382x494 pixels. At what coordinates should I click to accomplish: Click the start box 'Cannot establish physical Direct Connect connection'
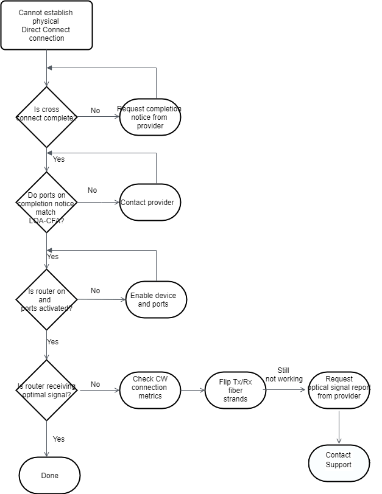[46, 26]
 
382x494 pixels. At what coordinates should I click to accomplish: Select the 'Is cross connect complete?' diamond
[46, 117]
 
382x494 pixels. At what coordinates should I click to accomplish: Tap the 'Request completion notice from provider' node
[150, 117]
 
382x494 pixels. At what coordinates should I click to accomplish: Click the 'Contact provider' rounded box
[150, 203]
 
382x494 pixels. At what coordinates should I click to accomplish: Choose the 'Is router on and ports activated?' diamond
[46, 300]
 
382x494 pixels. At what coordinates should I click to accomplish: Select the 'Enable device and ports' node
[156, 299]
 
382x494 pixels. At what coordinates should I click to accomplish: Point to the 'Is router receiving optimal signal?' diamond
[46, 390]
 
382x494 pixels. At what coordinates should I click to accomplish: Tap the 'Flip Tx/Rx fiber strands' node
[235, 390]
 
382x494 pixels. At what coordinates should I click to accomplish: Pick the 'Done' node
[49, 475]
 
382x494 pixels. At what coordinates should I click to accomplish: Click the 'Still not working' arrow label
[284, 374]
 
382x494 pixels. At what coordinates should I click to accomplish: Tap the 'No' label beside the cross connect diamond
[95, 111]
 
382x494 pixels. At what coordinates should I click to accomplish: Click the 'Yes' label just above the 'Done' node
[58, 439]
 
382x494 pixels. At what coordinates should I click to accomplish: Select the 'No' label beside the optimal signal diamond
[95, 384]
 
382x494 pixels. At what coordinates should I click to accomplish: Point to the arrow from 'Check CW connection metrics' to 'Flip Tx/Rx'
[193, 390]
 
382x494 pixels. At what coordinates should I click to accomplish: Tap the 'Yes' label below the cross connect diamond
[58, 159]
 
